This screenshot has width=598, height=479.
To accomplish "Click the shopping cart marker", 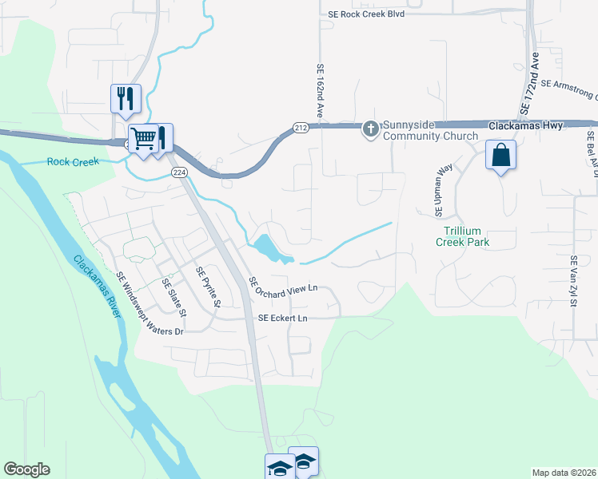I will (x=144, y=138).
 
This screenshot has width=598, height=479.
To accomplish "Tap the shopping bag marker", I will (x=501, y=154).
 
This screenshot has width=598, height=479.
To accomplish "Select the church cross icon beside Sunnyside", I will (x=371, y=128).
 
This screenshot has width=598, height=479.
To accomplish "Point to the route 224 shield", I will (x=178, y=172).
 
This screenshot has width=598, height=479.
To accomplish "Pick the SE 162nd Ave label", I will (x=320, y=91).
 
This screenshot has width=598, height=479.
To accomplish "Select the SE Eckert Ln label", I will (x=282, y=318).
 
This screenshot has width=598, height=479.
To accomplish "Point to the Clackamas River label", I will (x=98, y=285).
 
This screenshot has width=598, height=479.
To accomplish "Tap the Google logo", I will (x=26, y=469).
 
